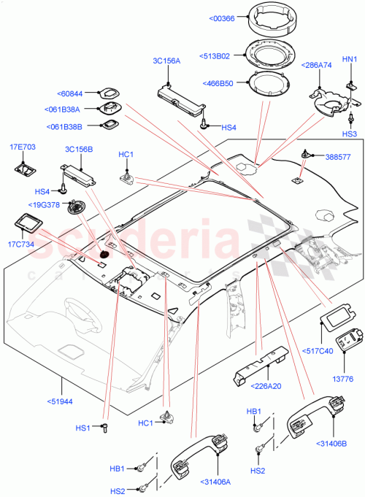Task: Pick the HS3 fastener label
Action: (x=350, y=134)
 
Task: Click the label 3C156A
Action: (x=166, y=62)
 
